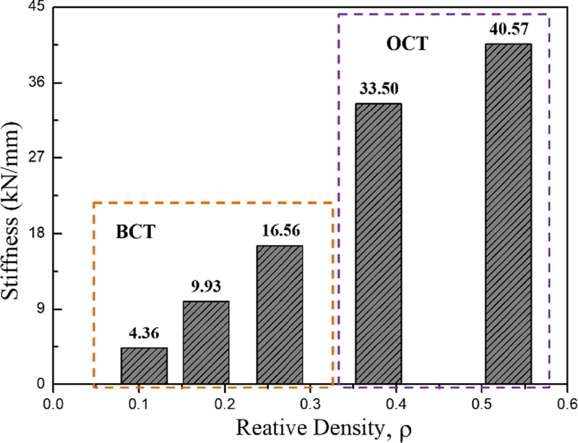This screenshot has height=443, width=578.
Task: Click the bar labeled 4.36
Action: tap(144, 366)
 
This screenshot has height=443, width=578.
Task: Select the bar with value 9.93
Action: tap(206, 343)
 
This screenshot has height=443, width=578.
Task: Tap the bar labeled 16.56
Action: tap(280, 315)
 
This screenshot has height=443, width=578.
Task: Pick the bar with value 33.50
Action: tap(379, 244)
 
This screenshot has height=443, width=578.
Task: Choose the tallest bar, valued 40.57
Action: tap(508, 214)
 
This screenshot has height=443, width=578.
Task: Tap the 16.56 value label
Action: tap(280, 232)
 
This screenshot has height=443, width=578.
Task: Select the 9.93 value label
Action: tap(206, 288)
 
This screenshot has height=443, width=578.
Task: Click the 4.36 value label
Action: tap(144, 334)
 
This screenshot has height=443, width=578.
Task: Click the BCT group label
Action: tap(136, 233)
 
